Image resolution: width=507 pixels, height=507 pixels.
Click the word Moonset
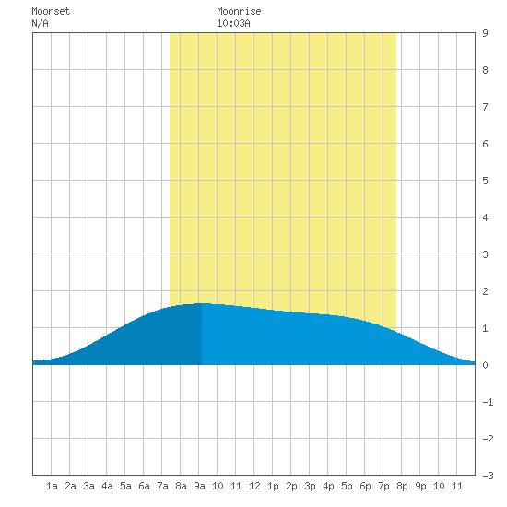(x=51, y=11)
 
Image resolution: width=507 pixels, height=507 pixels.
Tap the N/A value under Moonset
(x=40, y=23)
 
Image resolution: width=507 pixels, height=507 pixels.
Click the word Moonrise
(x=239, y=11)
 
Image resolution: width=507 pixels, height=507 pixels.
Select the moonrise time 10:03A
(x=233, y=23)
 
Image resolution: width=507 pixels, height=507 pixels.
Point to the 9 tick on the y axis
(x=485, y=33)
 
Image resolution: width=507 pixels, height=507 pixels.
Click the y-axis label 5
(x=485, y=181)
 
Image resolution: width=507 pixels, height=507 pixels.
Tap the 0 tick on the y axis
(x=485, y=365)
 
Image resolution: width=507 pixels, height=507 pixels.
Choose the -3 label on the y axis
(x=488, y=476)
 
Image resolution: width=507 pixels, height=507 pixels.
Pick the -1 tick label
(x=488, y=402)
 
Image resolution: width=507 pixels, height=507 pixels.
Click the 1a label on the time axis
(x=52, y=486)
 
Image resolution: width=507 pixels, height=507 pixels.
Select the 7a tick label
(x=162, y=486)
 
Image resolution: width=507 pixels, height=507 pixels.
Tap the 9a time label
(x=199, y=486)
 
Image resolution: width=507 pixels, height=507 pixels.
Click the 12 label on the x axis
(x=254, y=486)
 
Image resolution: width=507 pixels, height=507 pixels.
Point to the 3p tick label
(x=310, y=486)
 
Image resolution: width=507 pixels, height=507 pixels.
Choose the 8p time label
(x=402, y=486)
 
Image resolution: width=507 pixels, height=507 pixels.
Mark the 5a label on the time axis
(x=125, y=486)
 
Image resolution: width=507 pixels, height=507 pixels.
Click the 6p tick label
(x=365, y=486)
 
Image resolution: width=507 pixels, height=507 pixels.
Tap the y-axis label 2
(x=485, y=291)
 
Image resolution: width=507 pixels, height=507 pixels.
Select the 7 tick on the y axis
(x=485, y=107)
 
